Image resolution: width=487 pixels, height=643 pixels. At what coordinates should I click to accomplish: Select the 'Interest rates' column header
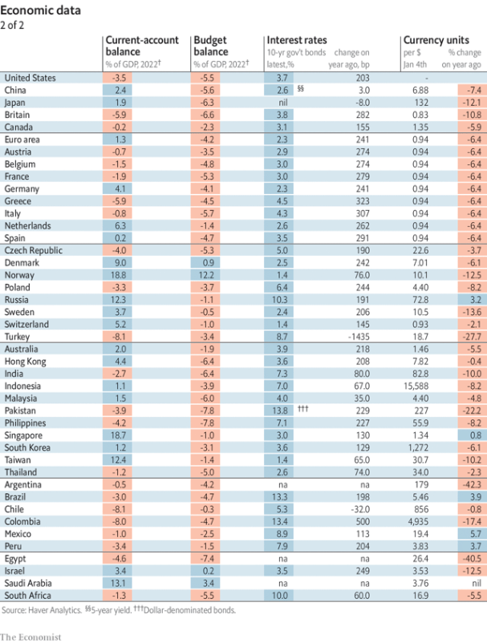pos(296,40)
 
